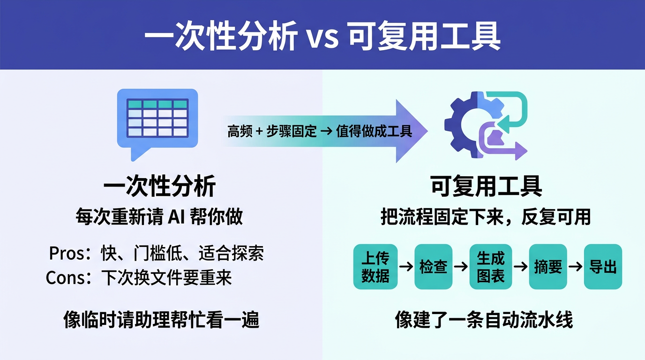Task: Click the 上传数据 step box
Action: [375, 267]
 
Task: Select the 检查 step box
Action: [433, 267]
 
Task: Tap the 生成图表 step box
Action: [491, 267]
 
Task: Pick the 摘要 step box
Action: [548, 267]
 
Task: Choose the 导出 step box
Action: [603, 267]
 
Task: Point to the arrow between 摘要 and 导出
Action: [576, 267]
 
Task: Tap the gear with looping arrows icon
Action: [485, 125]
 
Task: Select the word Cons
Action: [65, 278]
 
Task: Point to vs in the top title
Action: [322, 37]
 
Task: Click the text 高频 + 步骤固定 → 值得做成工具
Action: [320, 131]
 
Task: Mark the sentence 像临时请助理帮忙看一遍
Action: [161, 321]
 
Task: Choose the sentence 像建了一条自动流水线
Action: [484, 321]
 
